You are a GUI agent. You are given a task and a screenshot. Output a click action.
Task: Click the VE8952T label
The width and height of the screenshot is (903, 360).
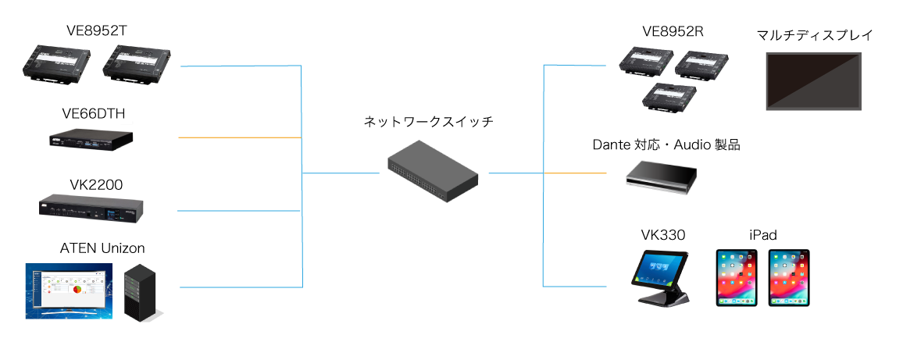97,31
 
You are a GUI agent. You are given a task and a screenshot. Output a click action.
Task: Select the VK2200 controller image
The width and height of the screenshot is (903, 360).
92,208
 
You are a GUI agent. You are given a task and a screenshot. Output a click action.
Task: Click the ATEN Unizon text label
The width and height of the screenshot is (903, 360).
102,248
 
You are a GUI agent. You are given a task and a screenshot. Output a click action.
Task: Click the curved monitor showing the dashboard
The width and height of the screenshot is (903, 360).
69,290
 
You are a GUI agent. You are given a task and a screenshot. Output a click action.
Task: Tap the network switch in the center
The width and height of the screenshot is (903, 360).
434,172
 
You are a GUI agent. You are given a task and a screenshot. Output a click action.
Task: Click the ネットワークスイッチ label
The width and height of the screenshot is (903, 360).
429,122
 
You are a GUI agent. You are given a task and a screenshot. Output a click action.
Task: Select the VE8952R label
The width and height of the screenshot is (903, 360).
673,31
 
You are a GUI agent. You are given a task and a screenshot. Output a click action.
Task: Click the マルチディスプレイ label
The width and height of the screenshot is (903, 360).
814,35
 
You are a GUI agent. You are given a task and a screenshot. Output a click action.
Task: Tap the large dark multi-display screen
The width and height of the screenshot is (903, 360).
813,81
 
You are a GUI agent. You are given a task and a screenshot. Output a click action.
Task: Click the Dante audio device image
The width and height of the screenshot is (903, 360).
661,174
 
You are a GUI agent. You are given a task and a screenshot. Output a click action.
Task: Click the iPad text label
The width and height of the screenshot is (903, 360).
762,234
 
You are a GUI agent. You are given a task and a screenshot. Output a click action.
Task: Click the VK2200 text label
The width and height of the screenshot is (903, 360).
97,184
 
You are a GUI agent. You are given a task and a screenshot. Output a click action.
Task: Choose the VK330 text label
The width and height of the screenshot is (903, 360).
661,234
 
